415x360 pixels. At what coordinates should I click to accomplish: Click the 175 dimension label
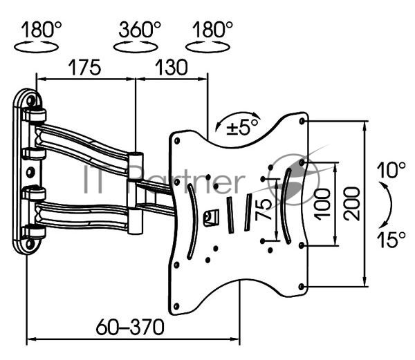tap(84, 68)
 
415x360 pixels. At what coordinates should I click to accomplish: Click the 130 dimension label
tap(171, 68)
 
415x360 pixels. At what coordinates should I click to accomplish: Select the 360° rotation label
tap(140, 29)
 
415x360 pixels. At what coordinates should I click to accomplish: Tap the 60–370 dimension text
tap(130, 327)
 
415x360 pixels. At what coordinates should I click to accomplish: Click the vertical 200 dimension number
tap(352, 204)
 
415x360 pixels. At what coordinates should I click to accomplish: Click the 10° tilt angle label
tap(391, 170)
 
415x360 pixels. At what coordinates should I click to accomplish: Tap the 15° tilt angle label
tap(391, 240)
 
